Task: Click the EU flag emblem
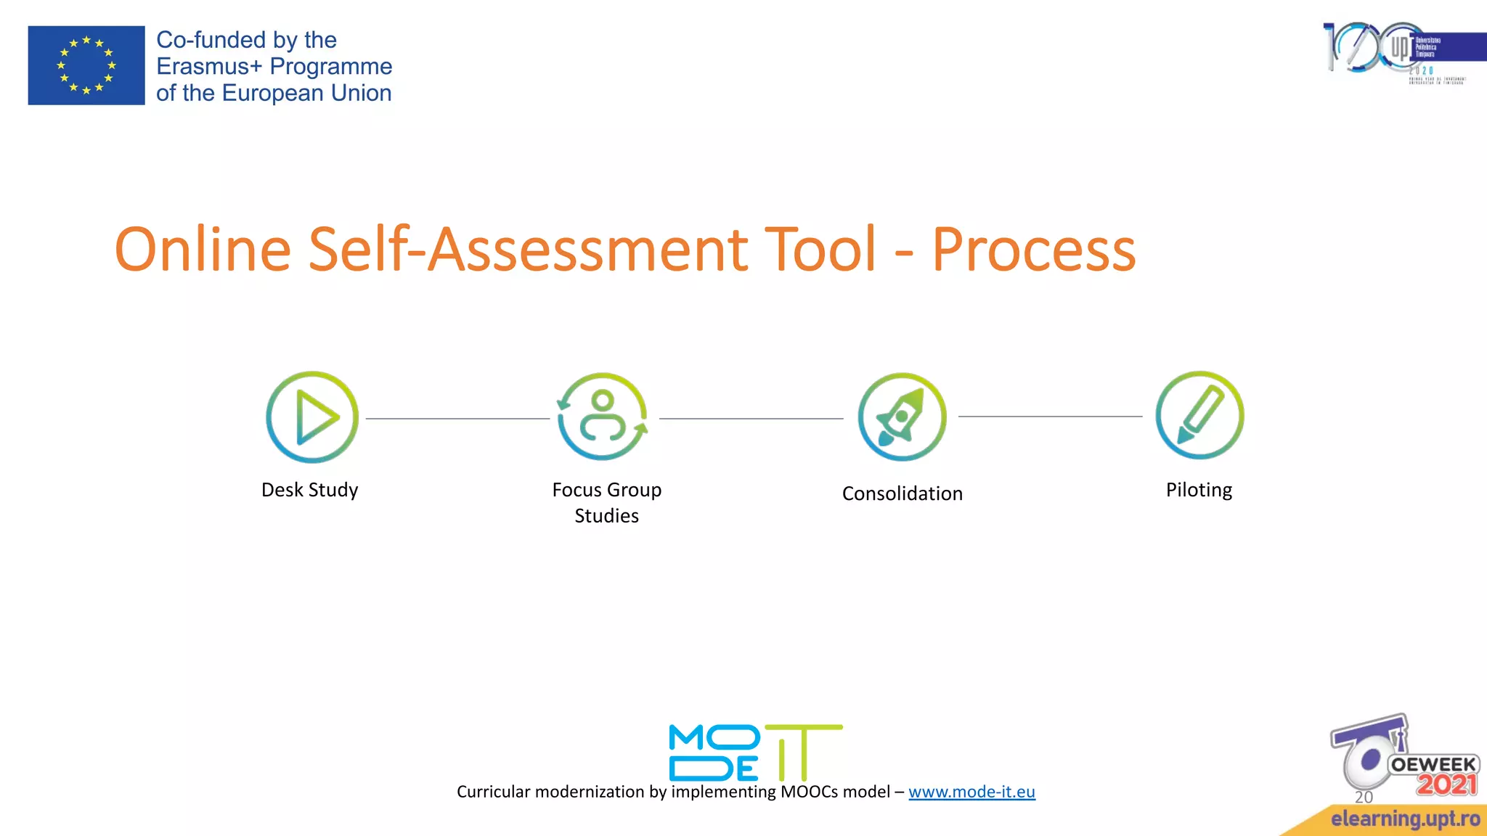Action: pyautogui.click(x=86, y=65)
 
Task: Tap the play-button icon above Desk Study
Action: pyautogui.click(x=312, y=417)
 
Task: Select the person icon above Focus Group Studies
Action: pyautogui.click(x=603, y=417)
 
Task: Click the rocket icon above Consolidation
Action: pyautogui.click(x=902, y=417)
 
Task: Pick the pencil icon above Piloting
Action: pyautogui.click(x=1199, y=416)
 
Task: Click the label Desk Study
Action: pyautogui.click(x=309, y=490)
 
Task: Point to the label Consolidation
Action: pyautogui.click(x=902, y=493)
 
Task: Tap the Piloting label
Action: pyautogui.click(x=1199, y=490)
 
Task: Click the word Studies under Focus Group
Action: pyautogui.click(x=606, y=516)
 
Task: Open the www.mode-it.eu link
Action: pyautogui.click(x=971, y=792)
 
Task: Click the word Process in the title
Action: pyautogui.click(x=1033, y=250)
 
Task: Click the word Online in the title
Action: pyautogui.click(x=203, y=250)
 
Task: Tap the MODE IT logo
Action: pyautogui.click(x=755, y=752)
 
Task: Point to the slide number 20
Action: pyautogui.click(x=1364, y=797)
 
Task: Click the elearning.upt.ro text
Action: pyautogui.click(x=1405, y=819)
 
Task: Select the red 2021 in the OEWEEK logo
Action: pyautogui.click(x=1446, y=784)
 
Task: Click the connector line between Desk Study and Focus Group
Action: pyautogui.click(x=457, y=419)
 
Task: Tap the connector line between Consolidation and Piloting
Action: pyautogui.click(x=1050, y=417)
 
